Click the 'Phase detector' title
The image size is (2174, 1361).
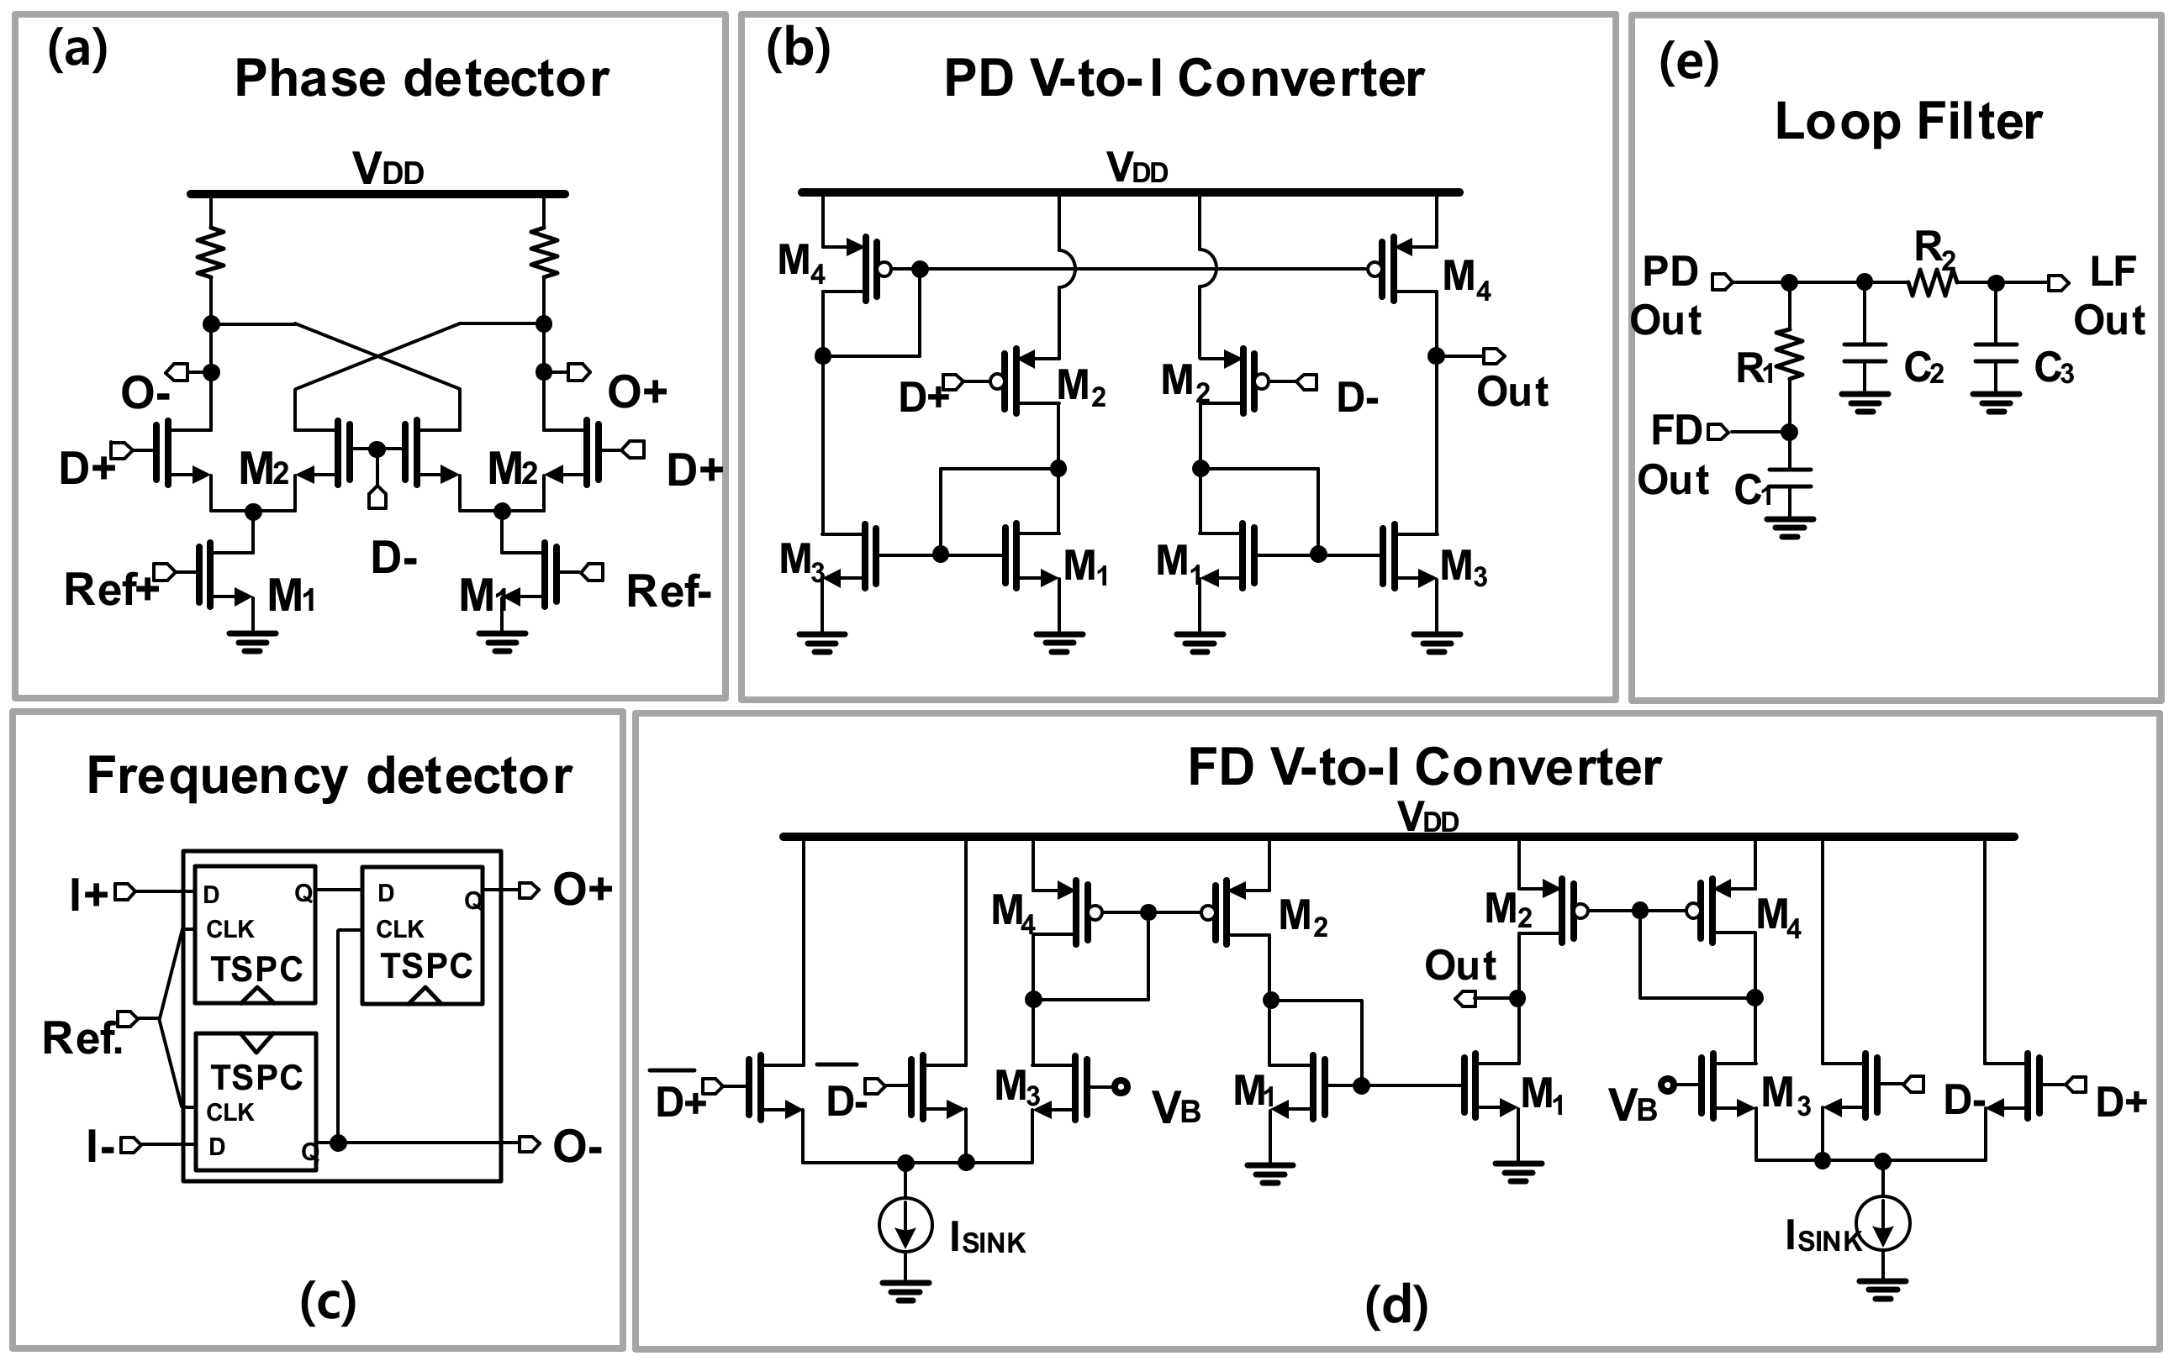click(421, 79)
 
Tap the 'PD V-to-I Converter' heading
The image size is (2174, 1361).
click(1184, 79)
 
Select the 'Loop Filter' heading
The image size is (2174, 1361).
click(1908, 122)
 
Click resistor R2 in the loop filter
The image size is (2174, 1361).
click(1931, 282)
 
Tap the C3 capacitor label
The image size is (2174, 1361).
click(2053, 367)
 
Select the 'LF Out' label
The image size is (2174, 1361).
click(2109, 295)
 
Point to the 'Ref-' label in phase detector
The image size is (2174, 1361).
click(668, 591)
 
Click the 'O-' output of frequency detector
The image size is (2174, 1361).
click(578, 1147)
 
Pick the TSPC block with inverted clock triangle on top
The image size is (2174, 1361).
click(256, 1100)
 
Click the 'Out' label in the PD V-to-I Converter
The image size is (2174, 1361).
click(1512, 392)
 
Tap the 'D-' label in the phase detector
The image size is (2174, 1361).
click(393, 559)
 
